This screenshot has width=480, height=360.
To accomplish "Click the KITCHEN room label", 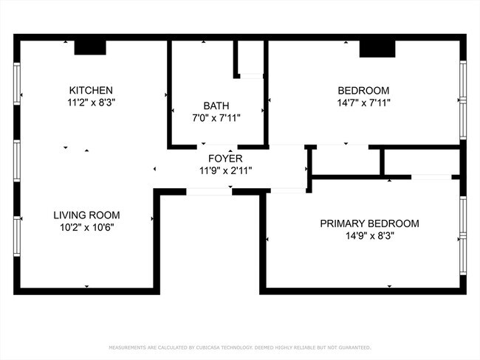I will pyautogui.click(x=91, y=90).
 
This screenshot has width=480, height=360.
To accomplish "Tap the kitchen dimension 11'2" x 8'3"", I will pyautogui.click(x=91, y=103).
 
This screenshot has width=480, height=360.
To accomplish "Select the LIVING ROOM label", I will pyautogui.click(x=86, y=215).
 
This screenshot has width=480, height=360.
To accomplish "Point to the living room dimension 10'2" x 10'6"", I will pyautogui.click(x=86, y=228).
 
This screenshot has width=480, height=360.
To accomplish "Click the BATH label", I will pyautogui.click(x=217, y=105).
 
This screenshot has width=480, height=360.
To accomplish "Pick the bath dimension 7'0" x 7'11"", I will pyautogui.click(x=217, y=117).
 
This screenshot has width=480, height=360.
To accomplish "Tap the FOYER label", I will pyautogui.click(x=225, y=159).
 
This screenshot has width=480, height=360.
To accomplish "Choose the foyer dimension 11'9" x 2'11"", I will pyautogui.click(x=225, y=170).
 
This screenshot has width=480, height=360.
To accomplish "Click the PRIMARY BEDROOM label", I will pyautogui.click(x=369, y=224).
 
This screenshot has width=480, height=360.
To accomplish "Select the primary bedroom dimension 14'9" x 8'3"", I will pyautogui.click(x=369, y=236).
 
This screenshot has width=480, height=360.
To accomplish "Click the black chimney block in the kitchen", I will pyautogui.click(x=91, y=47).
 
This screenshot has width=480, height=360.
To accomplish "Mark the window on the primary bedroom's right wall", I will pyautogui.click(x=463, y=236).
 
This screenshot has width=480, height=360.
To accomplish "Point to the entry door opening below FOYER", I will pyautogui.click(x=208, y=192).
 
